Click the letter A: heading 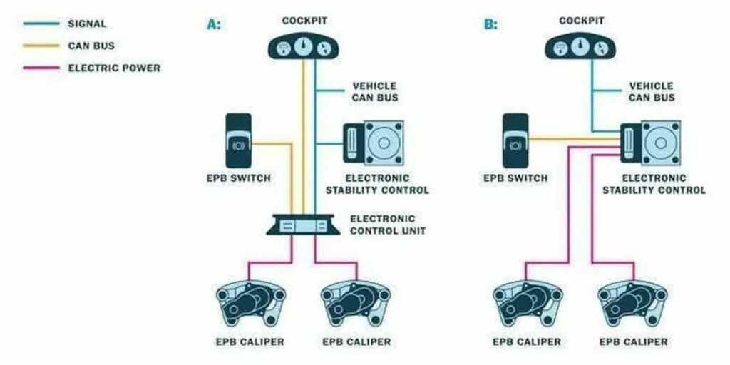[214, 24]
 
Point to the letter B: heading [490, 24]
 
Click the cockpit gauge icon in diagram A [304, 47]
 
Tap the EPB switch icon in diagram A [237, 140]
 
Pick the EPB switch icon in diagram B [515, 140]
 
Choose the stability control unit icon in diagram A [374, 143]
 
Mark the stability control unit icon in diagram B [650, 143]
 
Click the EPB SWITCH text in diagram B [515, 178]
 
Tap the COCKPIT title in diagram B [582, 21]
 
